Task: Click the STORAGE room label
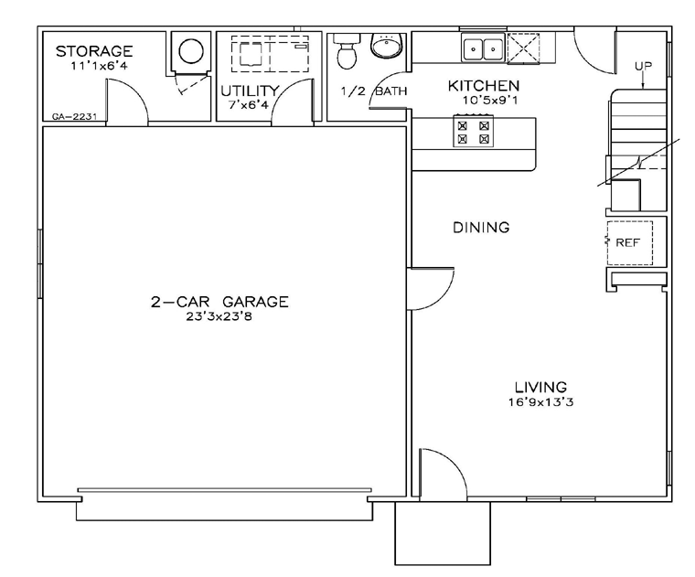coord(94,51)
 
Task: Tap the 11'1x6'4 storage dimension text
coord(94,66)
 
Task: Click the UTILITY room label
coord(249,91)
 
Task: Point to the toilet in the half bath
coord(346,55)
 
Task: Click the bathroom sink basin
coord(387,46)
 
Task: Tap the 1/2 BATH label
coord(373,91)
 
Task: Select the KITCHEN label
coord(483,86)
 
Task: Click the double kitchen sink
coord(482,48)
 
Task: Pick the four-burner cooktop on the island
coord(473,133)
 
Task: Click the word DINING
coord(481,228)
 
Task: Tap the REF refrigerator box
coord(628,243)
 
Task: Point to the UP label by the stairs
coord(643,66)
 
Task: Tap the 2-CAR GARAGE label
coord(219,302)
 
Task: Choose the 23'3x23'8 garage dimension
coord(219,317)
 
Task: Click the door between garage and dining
coord(430,288)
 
